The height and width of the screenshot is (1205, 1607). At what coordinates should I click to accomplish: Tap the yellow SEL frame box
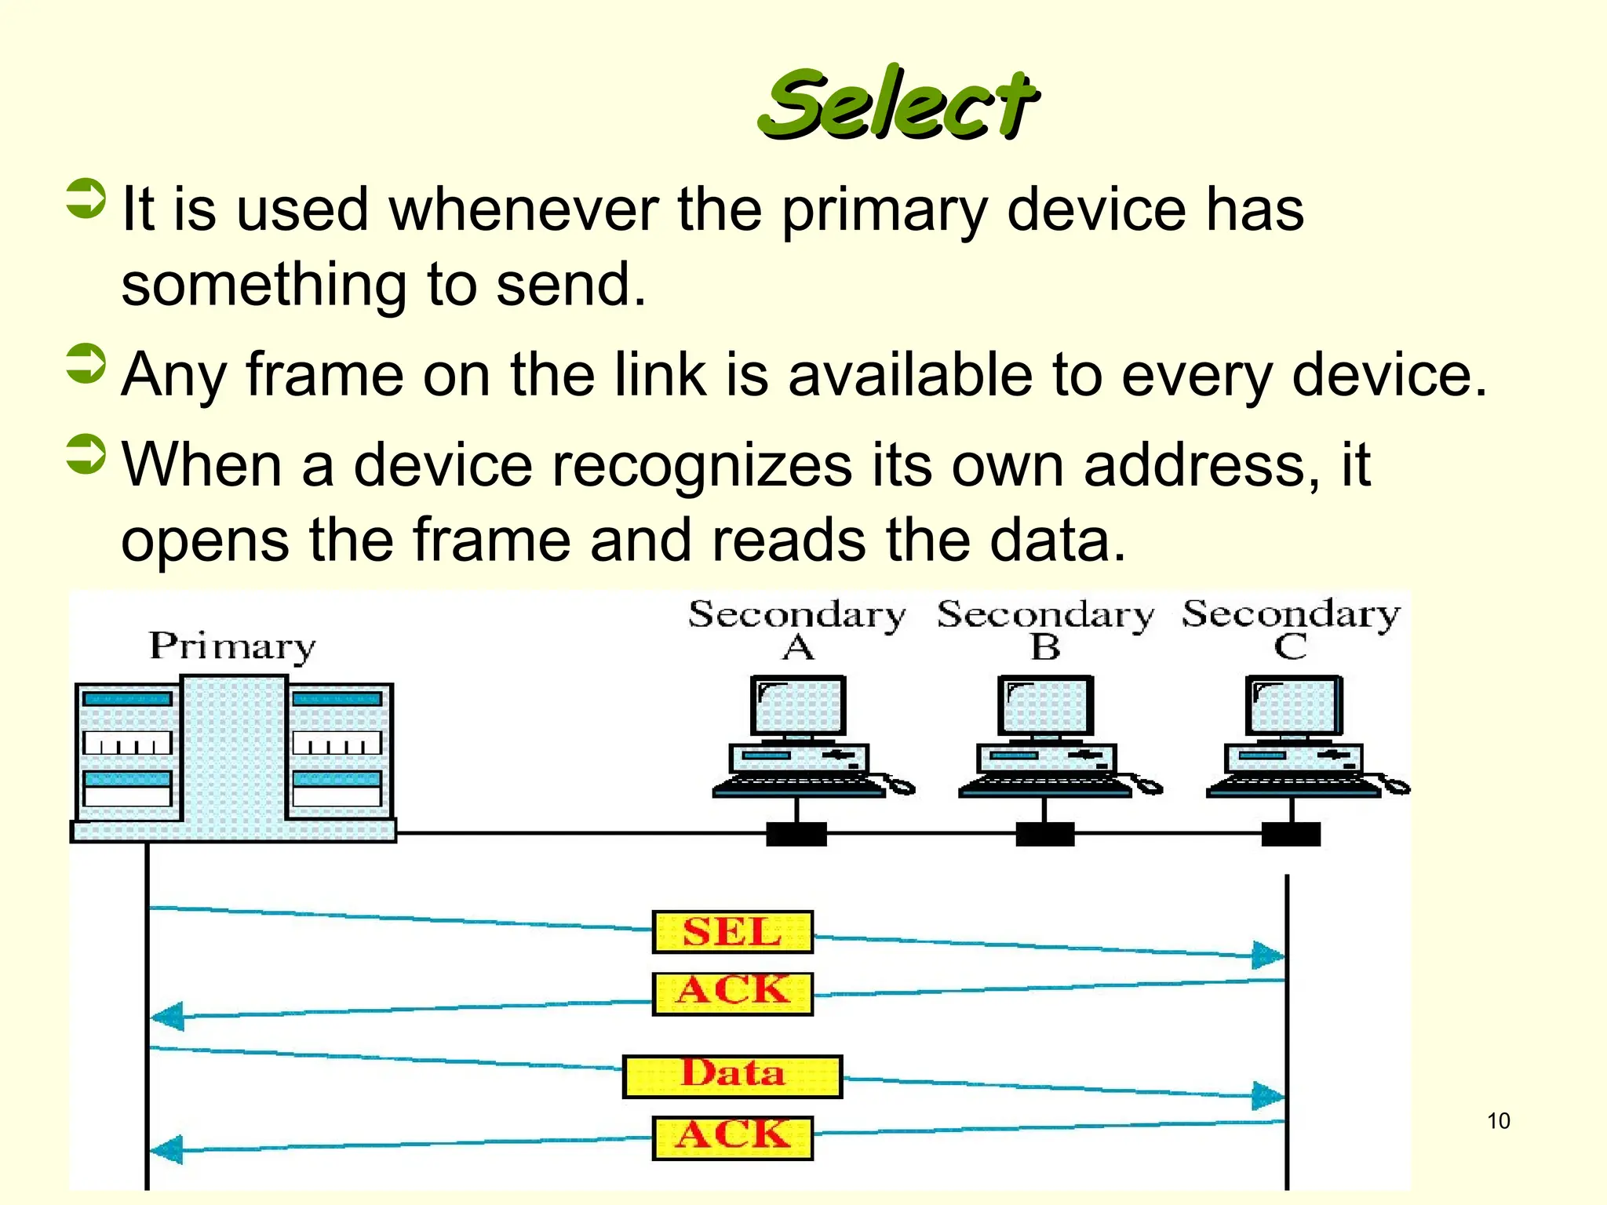(x=732, y=932)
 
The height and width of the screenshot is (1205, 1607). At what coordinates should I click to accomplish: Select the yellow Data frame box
(x=732, y=1076)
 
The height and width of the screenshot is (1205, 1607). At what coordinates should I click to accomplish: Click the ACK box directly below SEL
(x=732, y=993)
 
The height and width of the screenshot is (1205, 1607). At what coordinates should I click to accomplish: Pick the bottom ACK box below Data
(x=732, y=1138)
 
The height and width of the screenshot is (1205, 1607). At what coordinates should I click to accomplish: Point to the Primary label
(x=232, y=647)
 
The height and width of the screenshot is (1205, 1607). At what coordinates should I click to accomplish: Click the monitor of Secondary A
(x=798, y=705)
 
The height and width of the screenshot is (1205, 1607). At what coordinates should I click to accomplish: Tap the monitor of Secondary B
(x=1045, y=705)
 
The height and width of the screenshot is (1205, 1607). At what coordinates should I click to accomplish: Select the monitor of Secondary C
(x=1293, y=705)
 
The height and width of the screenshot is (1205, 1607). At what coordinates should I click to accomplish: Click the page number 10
(x=1498, y=1121)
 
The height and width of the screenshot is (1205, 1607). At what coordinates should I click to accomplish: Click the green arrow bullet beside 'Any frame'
(x=86, y=365)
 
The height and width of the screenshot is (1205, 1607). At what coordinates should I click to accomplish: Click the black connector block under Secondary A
(x=796, y=834)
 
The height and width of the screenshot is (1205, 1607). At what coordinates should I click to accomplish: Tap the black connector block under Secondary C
(x=1291, y=834)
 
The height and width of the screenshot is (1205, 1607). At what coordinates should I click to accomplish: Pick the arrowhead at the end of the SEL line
(x=1267, y=955)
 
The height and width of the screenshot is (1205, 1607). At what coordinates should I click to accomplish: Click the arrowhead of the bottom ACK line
(x=167, y=1150)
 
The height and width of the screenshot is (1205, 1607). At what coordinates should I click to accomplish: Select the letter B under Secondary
(x=1045, y=648)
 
